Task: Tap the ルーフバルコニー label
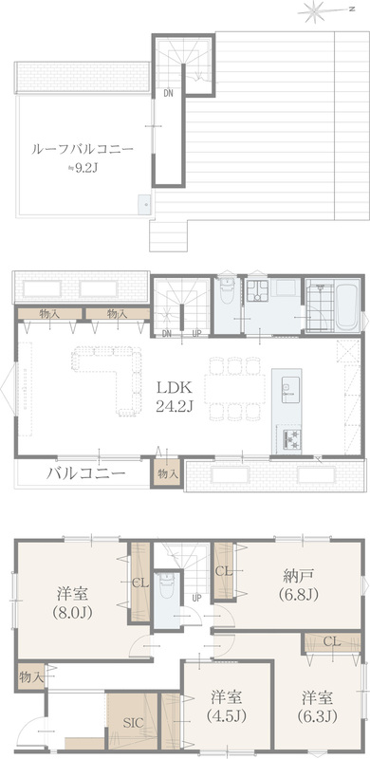(x=82, y=149)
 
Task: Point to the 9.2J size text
(x=87, y=168)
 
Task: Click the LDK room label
(x=175, y=387)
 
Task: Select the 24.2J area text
(x=175, y=406)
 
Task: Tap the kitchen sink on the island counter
(x=287, y=391)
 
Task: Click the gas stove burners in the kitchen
(x=289, y=438)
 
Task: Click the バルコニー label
(x=86, y=472)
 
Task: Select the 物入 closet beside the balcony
(x=168, y=473)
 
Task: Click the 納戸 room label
(x=299, y=576)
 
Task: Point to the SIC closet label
(x=133, y=723)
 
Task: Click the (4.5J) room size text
(x=226, y=715)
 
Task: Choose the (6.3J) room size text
(x=317, y=715)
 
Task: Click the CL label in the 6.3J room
(x=332, y=643)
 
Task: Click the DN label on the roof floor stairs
(x=168, y=94)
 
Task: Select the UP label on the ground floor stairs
(x=196, y=599)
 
